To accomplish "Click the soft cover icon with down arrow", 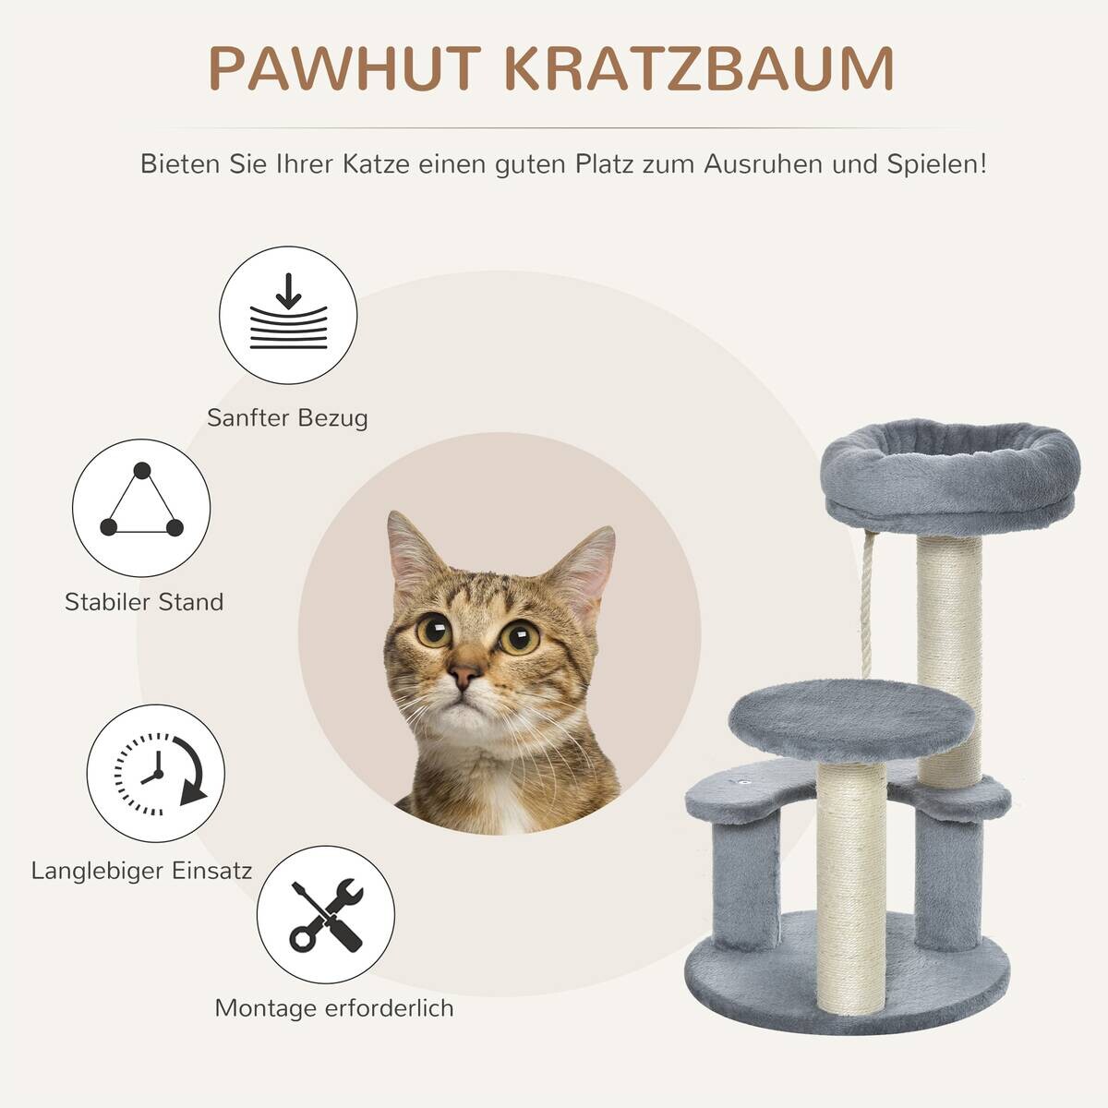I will coord(288,315).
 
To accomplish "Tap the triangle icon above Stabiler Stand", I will coord(141,507).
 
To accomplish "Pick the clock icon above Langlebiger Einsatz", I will coord(156,774).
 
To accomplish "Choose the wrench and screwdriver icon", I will coord(326,914).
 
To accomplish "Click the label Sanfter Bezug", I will coord(287,417).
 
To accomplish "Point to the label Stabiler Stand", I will coord(144,602).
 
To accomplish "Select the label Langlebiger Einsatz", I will coord(141,870).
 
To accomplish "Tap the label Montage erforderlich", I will coord(334,1007).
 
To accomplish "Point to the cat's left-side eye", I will coord(433,631).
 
